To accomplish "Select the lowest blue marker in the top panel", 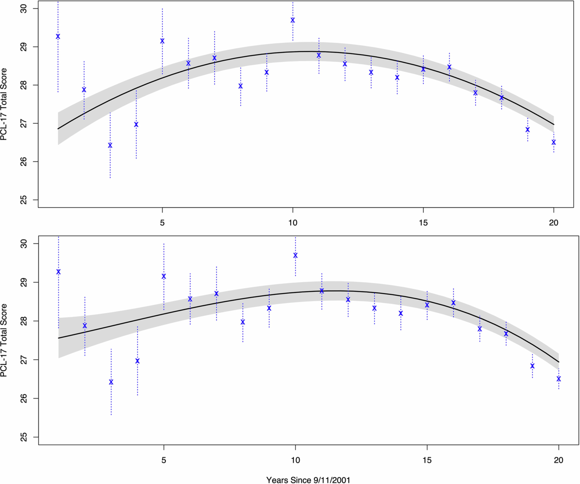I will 110,145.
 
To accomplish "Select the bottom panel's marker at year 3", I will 111,382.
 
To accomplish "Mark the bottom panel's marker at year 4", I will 137,361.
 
